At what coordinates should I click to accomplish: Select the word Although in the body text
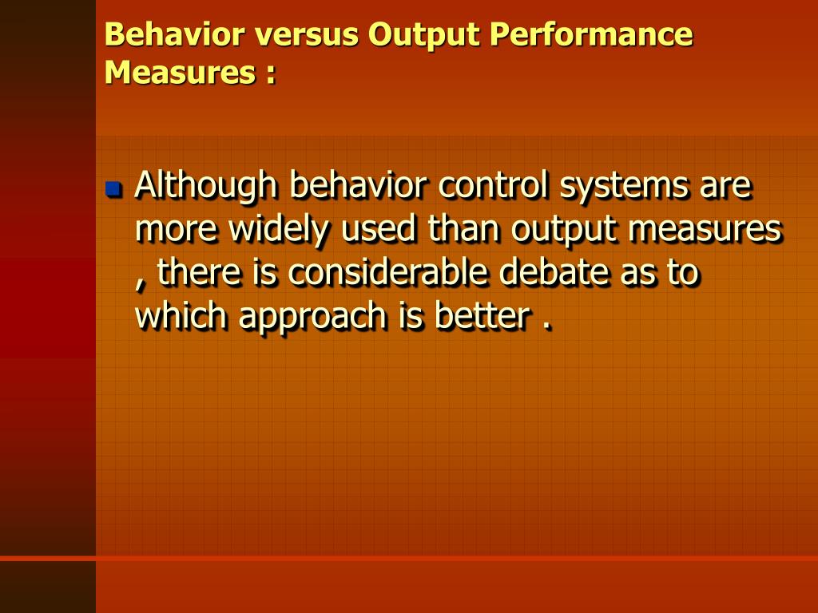coord(206,187)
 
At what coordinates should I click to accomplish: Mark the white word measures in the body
coord(711,231)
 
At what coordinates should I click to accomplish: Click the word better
coord(482,317)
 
